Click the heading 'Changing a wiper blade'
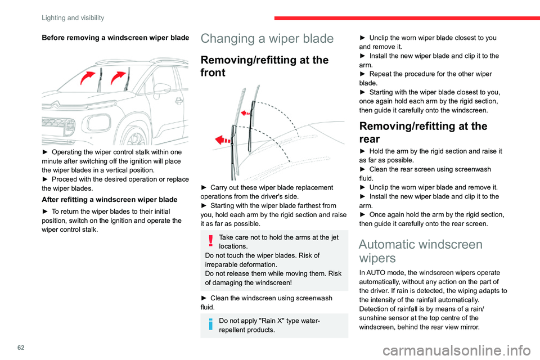point(266,39)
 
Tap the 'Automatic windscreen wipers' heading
point(420,251)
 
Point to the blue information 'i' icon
point(210,323)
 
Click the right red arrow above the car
point(119,77)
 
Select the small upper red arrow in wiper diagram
point(245,112)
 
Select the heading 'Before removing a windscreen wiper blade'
point(114,38)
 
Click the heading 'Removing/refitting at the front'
point(264,66)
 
